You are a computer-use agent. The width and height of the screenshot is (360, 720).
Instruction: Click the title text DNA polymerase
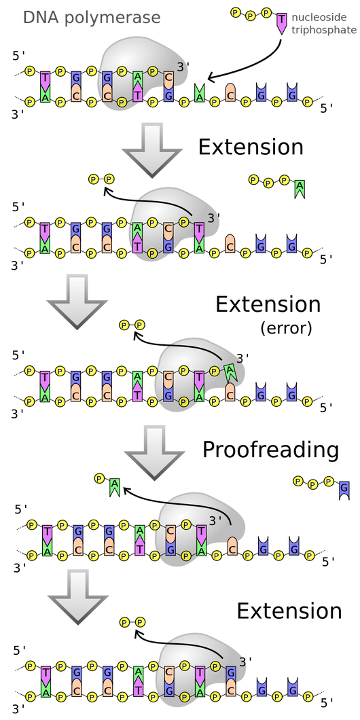tap(92, 18)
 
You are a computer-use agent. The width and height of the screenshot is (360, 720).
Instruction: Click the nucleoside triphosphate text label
tap(323, 24)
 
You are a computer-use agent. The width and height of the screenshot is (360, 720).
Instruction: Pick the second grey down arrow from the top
tap(77, 300)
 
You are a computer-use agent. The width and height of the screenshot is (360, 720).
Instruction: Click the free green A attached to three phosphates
tap(300, 187)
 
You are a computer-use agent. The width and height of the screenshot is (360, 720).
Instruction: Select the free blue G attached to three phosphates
tap(344, 488)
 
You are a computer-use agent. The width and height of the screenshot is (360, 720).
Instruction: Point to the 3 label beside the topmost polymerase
tap(180, 67)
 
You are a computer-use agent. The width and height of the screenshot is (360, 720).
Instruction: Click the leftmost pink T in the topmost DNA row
tap(46, 79)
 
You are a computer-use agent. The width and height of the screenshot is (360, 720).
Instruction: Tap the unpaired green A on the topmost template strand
tap(199, 94)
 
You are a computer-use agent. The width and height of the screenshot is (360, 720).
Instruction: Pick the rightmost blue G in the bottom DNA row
tap(292, 690)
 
